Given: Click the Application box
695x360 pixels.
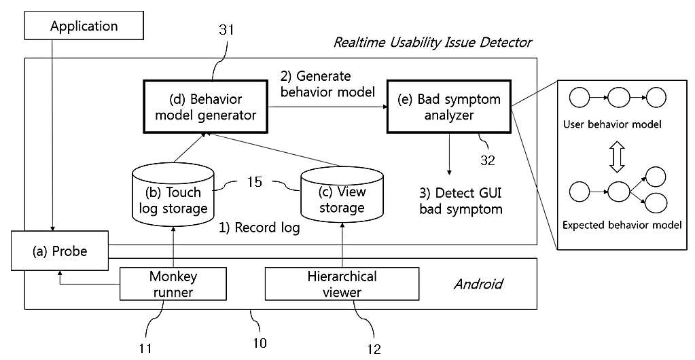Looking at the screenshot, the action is click(x=84, y=26).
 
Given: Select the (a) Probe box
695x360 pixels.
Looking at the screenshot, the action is click(x=60, y=251).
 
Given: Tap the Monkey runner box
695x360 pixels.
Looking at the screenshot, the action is click(x=173, y=284).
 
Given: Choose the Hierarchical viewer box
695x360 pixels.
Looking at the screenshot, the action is click(x=342, y=284).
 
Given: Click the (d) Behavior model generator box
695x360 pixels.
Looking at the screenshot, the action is click(x=206, y=107).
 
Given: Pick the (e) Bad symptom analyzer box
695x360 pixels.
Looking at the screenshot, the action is click(x=449, y=107).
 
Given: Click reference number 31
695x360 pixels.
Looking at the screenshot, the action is click(x=227, y=30).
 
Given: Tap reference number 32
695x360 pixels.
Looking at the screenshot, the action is click(x=487, y=160).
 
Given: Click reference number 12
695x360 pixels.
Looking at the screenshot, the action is click(x=374, y=349).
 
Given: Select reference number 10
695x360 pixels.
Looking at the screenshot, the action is click(x=260, y=343).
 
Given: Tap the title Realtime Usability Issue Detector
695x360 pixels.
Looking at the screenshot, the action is click(x=433, y=43).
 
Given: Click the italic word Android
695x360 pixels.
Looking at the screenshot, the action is click(x=478, y=284).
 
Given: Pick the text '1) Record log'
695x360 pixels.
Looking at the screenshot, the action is click(x=260, y=228).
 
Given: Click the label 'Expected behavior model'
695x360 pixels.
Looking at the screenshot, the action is click(x=622, y=226).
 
